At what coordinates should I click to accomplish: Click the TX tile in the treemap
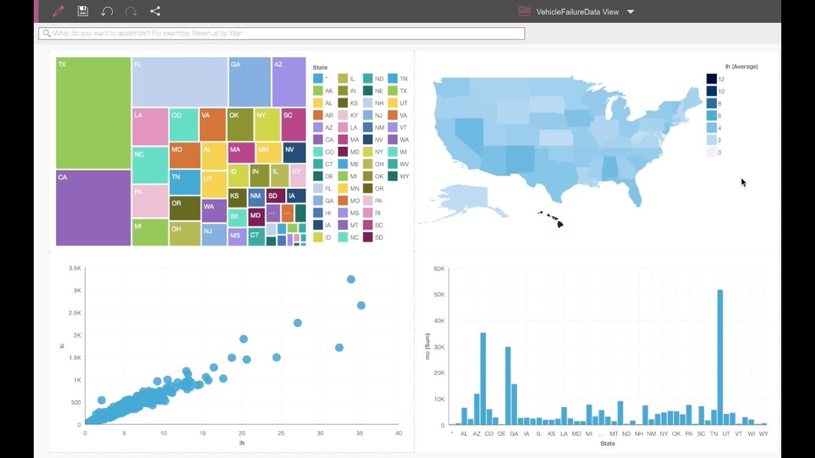pyautogui.click(x=93, y=113)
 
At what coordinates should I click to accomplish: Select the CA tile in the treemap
pyautogui.click(x=93, y=207)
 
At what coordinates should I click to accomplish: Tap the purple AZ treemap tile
pyautogui.click(x=288, y=81)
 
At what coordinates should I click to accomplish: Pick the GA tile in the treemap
pyautogui.click(x=250, y=81)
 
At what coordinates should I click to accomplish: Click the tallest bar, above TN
pyautogui.click(x=720, y=357)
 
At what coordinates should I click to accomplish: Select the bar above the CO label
pyautogui.click(x=483, y=378)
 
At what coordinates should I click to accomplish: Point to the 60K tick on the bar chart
pyautogui.click(x=439, y=269)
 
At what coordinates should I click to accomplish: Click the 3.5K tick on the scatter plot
pyautogui.click(x=74, y=269)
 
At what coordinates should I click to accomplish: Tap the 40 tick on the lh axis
pyautogui.click(x=399, y=433)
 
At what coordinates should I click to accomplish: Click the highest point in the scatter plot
pyautogui.click(x=351, y=279)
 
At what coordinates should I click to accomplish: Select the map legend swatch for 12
pyautogui.click(x=711, y=79)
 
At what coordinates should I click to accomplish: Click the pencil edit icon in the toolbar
pyautogui.click(x=58, y=11)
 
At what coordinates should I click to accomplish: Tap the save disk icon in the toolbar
pyautogui.click(x=82, y=11)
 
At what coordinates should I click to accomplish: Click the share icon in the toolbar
pyautogui.click(x=155, y=11)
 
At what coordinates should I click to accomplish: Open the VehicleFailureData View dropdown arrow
pyautogui.click(x=630, y=11)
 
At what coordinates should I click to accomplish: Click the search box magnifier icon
pyautogui.click(x=46, y=33)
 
